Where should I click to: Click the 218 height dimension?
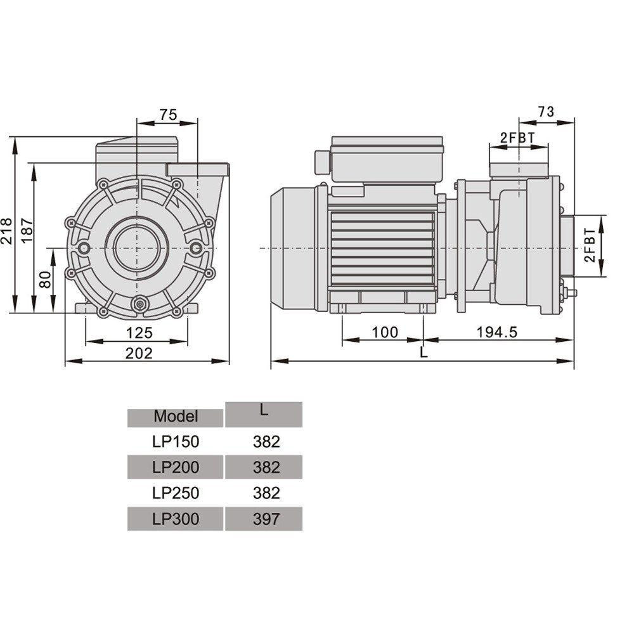point(7,226)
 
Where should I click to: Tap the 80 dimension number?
point(45,280)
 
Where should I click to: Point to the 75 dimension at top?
point(167,114)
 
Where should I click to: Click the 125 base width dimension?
point(139,333)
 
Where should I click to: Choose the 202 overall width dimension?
point(139,353)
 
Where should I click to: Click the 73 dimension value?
point(546,112)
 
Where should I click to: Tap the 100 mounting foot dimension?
point(384,332)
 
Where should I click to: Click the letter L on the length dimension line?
point(424,353)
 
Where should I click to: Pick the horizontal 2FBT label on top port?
point(517,138)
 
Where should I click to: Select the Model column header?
point(176,417)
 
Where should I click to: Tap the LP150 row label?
point(176,442)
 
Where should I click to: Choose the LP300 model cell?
point(176,519)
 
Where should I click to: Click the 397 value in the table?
point(266,519)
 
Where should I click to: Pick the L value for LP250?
point(266,493)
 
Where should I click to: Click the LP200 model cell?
point(176,467)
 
